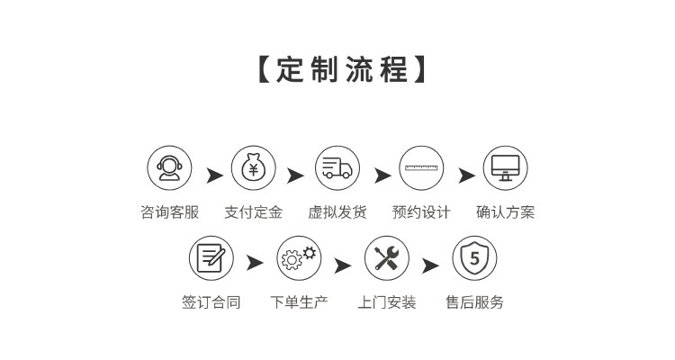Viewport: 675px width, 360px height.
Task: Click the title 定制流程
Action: point(337,70)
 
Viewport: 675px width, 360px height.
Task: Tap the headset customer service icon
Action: point(169,168)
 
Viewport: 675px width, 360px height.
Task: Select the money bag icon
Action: point(253,168)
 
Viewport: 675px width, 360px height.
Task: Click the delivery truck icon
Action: point(337,168)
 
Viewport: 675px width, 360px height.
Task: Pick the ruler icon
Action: point(421,168)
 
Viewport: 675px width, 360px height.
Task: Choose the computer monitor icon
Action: point(505,168)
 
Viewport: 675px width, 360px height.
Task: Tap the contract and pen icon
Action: point(211,258)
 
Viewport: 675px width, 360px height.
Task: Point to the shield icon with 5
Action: point(474,258)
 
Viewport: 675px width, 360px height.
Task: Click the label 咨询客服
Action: point(169,213)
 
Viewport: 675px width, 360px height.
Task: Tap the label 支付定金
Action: point(253,213)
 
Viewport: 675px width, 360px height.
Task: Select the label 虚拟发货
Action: point(337,213)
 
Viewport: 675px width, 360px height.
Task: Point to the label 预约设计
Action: point(421,213)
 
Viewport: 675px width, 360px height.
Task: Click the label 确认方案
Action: point(505,213)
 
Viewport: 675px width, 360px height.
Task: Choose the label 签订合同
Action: point(211,302)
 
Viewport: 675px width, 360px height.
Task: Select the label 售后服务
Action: point(474,302)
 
